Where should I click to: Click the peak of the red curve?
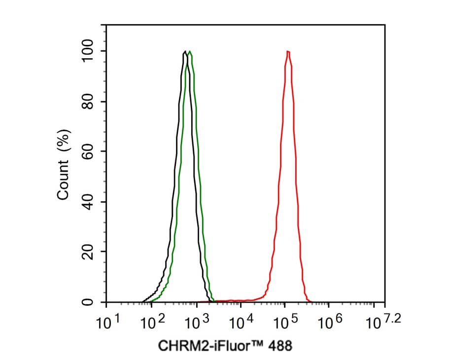pos(287,51)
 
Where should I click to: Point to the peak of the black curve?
pos(184,51)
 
